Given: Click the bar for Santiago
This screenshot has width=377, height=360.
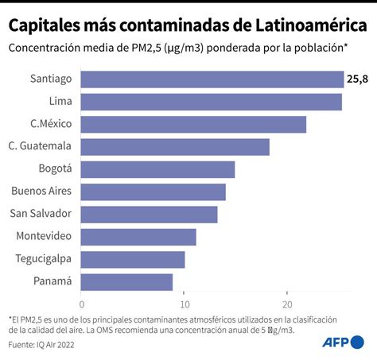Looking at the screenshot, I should tap(212, 79).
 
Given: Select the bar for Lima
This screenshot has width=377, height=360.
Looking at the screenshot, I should tap(212, 102).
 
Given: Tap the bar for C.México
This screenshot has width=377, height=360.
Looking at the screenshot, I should tap(194, 124).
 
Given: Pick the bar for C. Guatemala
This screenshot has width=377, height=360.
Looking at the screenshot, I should tap(176, 146).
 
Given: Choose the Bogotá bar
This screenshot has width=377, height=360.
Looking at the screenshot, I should tap(158, 169).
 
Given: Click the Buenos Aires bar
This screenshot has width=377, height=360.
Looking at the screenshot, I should tap(154, 192).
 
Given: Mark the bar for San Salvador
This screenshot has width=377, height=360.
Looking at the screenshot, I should tap(150, 214).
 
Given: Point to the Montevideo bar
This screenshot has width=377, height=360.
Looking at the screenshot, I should tap(138, 237).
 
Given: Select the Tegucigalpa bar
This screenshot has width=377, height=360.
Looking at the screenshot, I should tap(133, 259).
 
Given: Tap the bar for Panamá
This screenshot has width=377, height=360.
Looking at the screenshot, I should tap(127, 281).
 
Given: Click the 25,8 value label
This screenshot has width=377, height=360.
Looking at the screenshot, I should tap(356, 79).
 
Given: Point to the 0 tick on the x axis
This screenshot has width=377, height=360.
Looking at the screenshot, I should tap(82, 304).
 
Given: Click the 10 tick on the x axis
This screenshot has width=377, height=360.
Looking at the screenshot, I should tap(185, 304).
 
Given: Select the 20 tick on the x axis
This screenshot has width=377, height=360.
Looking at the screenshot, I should tap(287, 304).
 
